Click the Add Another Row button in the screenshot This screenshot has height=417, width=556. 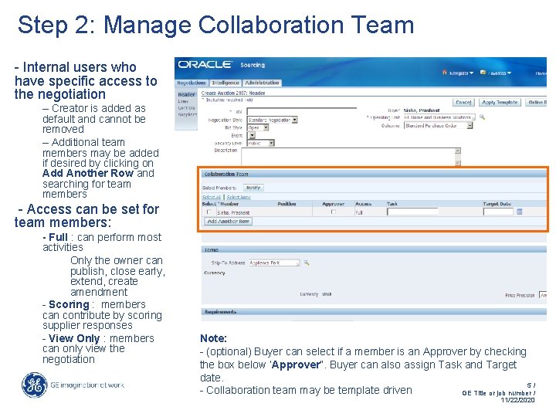[228, 222]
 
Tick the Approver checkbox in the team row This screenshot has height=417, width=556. [333, 212]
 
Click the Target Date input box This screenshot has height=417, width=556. [498, 212]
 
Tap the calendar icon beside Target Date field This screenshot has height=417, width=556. [519, 212]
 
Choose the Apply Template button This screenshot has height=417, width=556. [500, 102]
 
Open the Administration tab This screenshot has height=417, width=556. [263, 83]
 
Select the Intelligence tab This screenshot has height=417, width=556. [225, 83]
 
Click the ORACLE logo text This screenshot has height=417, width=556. [205, 65]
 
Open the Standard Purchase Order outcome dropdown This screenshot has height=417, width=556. [437, 125]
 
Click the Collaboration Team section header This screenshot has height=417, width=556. [226, 175]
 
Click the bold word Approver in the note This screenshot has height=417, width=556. [297, 364]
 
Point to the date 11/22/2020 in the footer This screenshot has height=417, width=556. [517, 400]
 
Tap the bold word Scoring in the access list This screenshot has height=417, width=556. [69, 304]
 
